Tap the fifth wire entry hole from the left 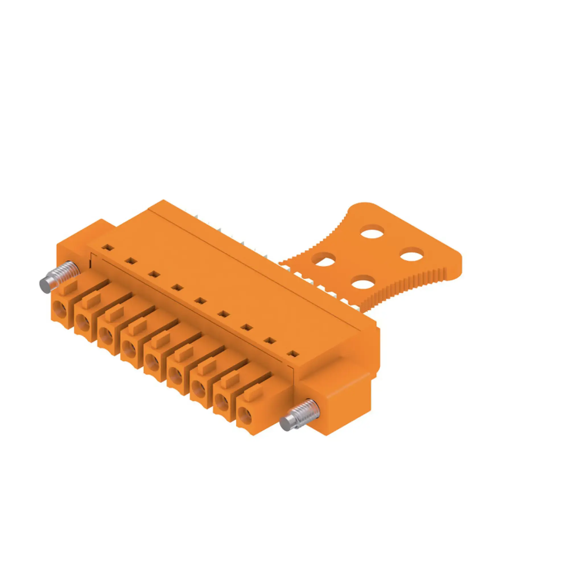(x=152, y=361)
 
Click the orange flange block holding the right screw (x=339, y=407)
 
